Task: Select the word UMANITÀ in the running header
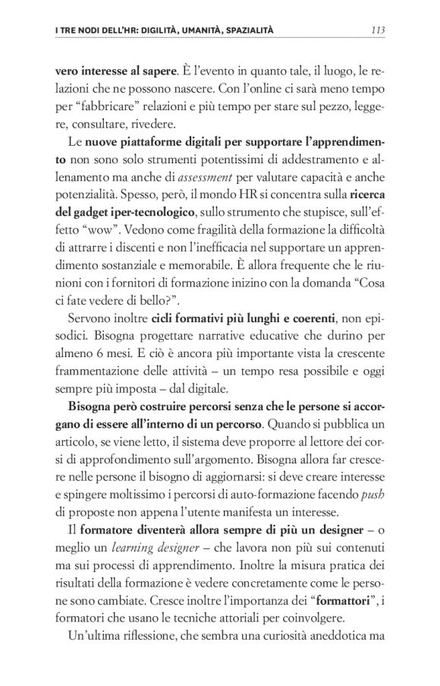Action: (181, 31)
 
